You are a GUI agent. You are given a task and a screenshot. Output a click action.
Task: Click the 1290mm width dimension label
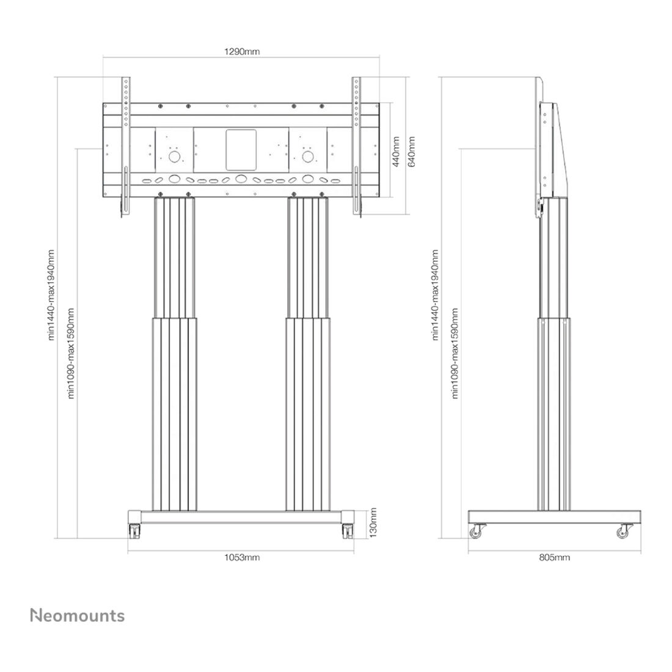[242, 52]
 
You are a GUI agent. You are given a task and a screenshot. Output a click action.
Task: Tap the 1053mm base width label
[242, 557]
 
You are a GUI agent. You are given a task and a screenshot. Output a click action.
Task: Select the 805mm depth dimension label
[554, 557]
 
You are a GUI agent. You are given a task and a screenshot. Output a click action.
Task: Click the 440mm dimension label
[396, 152]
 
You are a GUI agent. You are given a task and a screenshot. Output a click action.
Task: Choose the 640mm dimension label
[411, 152]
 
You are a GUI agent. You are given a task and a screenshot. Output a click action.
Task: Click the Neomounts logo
[78, 615]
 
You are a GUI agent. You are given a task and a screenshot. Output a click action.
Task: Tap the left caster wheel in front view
[134, 531]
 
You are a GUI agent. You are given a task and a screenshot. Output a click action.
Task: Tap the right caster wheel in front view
[348, 531]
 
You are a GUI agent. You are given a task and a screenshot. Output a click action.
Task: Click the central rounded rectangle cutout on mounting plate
[241, 150]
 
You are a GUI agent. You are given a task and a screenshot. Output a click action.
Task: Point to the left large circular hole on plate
[174, 156]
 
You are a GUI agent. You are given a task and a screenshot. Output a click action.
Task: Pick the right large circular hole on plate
[308, 156]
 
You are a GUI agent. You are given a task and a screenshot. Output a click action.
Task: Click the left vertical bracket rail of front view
[126, 146]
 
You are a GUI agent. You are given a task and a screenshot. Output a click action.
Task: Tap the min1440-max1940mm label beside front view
[51, 295]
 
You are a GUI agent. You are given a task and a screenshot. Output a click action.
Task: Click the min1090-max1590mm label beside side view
[455, 353]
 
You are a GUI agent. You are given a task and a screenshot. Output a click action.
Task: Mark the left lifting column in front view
[175, 354]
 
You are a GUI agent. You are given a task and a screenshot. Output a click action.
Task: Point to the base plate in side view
[555, 517]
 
